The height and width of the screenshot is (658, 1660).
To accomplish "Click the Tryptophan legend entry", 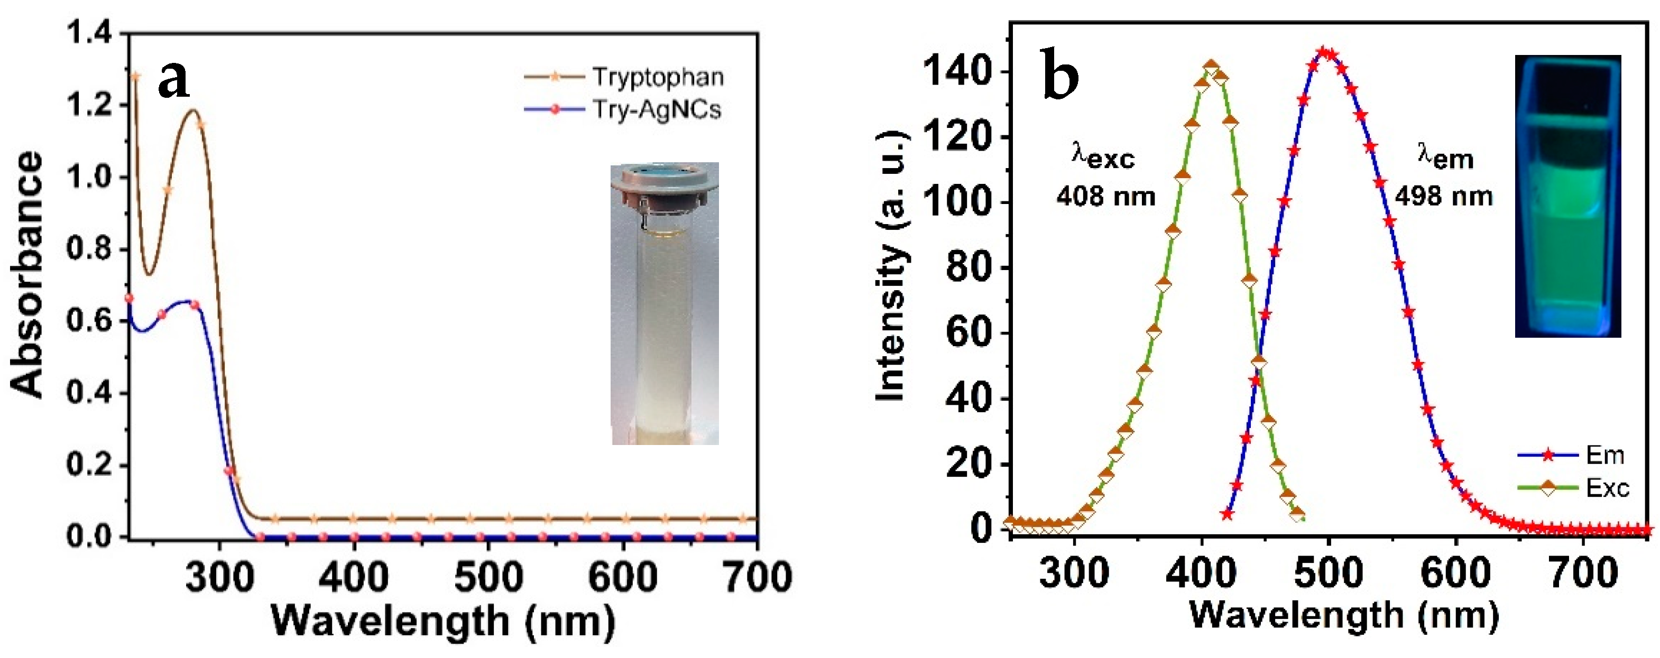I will [657, 77].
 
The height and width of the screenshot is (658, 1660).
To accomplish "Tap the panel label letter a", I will [174, 80].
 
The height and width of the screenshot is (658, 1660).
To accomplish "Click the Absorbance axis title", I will [27, 273].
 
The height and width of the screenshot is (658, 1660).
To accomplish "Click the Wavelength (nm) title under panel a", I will [444, 621].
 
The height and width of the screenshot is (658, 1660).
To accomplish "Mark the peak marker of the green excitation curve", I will [1212, 68].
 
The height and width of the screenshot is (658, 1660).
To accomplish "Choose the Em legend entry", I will [1604, 455].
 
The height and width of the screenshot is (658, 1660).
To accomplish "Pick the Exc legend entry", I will [1607, 488].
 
